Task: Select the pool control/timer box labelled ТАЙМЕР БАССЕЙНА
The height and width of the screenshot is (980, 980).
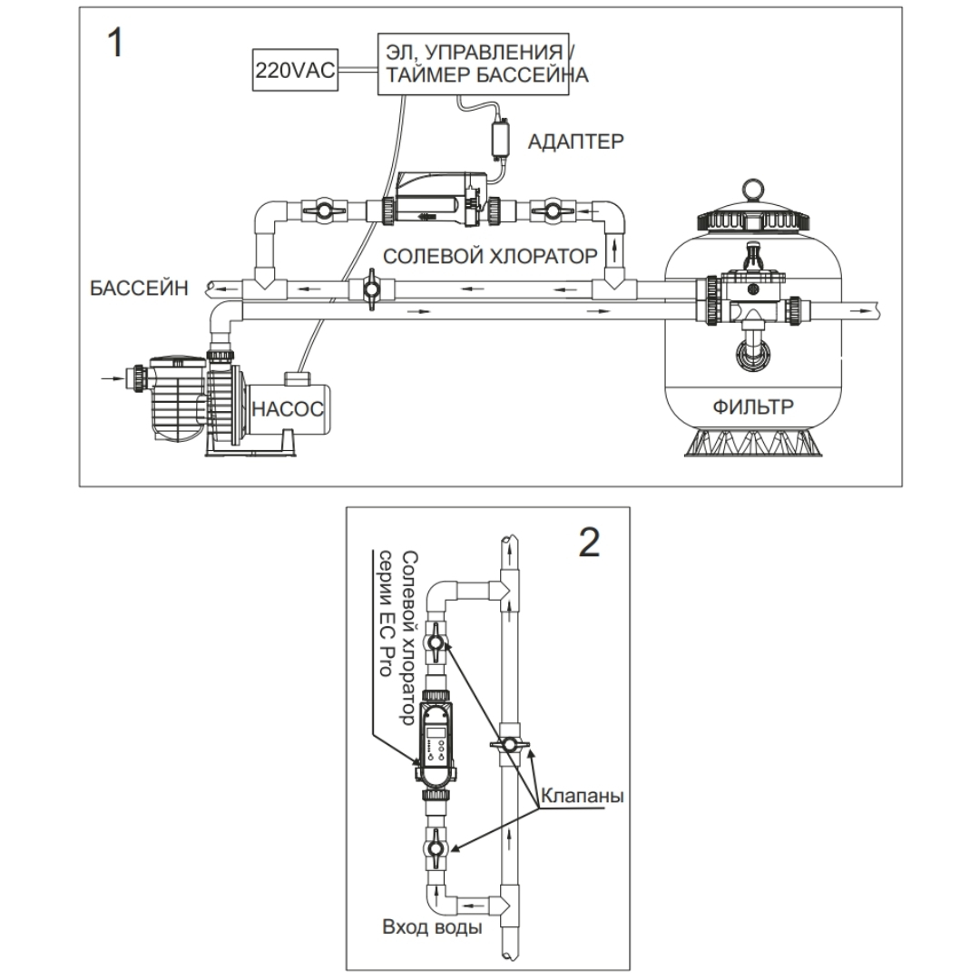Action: (481, 63)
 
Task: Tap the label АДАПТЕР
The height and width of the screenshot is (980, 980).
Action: (576, 141)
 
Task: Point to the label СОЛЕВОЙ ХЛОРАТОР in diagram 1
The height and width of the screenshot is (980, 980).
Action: (490, 256)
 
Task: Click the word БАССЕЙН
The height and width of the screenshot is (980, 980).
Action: (139, 289)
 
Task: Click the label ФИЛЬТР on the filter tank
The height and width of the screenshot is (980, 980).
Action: (752, 407)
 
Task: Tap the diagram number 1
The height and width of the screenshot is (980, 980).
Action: (115, 44)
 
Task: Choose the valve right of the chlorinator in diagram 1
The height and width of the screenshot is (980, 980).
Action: (551, 210)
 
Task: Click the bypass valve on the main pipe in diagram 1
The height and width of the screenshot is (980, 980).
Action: (370, 290)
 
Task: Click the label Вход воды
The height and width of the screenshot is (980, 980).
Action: (430, 930)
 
